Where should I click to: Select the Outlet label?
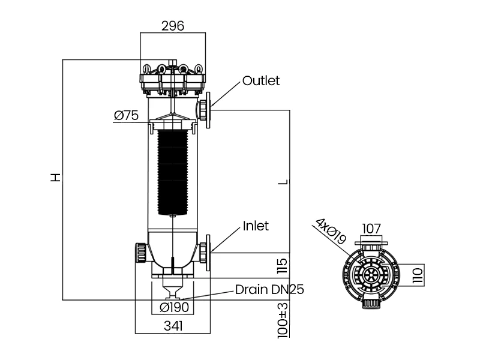coord(261,81)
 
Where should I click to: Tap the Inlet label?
coord(256,226)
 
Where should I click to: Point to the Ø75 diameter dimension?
coord(126,116)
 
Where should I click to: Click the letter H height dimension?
coord(55,178)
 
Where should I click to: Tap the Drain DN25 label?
coord(269,290)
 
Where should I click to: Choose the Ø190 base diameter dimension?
coord(174,308)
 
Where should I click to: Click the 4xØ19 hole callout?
coord(329,232)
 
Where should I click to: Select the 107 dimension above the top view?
coord(372,229)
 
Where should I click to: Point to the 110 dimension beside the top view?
coord(418,275)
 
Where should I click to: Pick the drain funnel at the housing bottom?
coord(172,292)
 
